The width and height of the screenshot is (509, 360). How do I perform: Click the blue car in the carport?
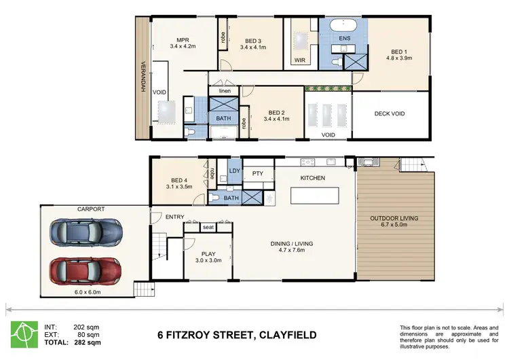pos(86,231)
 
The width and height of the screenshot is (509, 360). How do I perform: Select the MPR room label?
pos(182,39)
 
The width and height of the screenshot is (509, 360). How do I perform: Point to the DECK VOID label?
pos(390,113)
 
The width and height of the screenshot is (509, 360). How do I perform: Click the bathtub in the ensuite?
pos(344,28)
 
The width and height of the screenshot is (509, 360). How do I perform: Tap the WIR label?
pos(300,60)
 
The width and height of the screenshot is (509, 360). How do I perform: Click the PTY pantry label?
pos(257,175)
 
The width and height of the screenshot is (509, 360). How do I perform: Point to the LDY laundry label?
pos(234,170)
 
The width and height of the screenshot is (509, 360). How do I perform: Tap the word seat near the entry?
pos(208,228)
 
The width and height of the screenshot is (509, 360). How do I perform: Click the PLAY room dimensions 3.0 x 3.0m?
pos(209,260)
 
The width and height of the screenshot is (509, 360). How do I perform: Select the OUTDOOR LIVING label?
pos(394,219)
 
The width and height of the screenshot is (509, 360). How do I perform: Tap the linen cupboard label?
pos(224,90)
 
